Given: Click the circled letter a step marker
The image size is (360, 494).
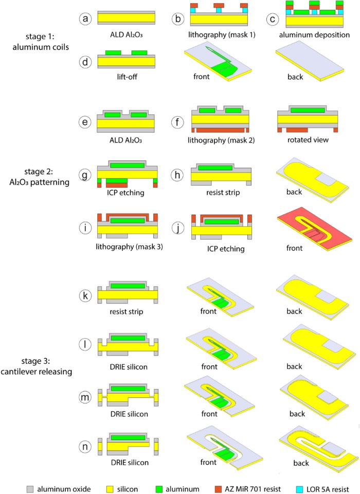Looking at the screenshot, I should click(85, 19).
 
